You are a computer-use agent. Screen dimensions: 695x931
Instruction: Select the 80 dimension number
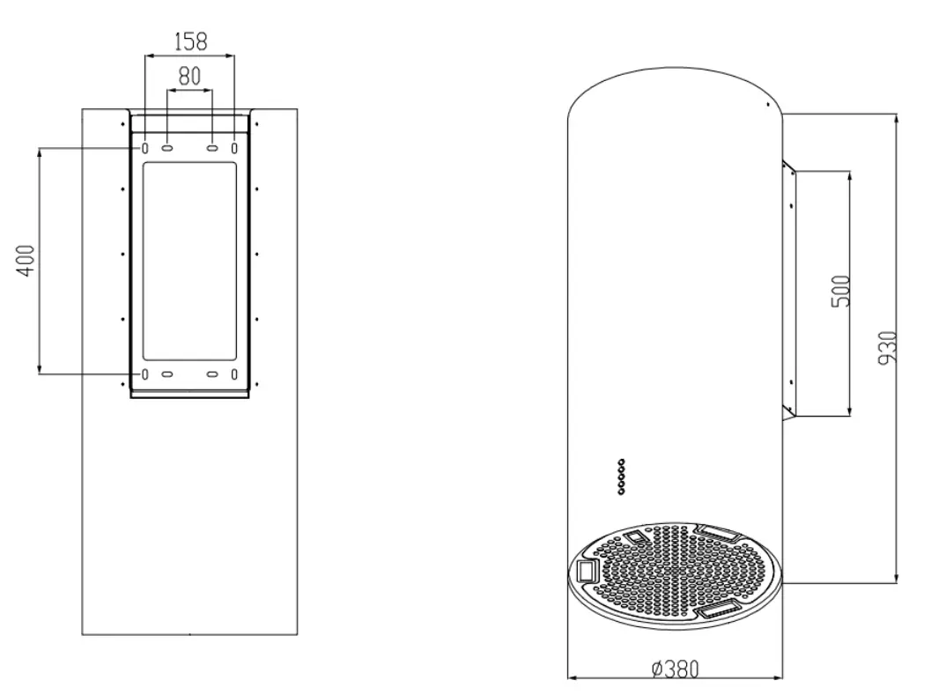[x=189, y=78]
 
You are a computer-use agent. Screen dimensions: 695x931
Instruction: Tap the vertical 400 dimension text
[x=26, y=261]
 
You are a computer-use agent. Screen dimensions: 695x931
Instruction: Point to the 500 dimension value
[x=840, y=290]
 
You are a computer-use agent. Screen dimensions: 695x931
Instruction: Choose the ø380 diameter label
[x=675, y=669]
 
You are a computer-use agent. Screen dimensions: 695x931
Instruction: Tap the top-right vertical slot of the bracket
[x=234, y=148]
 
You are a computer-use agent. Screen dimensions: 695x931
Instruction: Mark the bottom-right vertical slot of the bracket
[x=234, y=375]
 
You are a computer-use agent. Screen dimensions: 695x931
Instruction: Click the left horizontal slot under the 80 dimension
[x=166, y=148]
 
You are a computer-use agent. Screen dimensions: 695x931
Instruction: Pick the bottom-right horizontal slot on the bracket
[x=212, y=375]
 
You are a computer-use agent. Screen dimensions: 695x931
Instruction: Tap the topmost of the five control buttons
[x=622, y=461]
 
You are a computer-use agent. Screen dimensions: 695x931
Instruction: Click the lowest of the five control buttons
[x=622, y=492]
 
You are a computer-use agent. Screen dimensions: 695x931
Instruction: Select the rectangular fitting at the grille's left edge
[x=586, y=571]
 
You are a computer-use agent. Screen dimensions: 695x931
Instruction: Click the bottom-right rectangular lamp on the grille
[x=719, y=610]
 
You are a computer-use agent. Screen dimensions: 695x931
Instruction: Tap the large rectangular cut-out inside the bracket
[x=189, y=261]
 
